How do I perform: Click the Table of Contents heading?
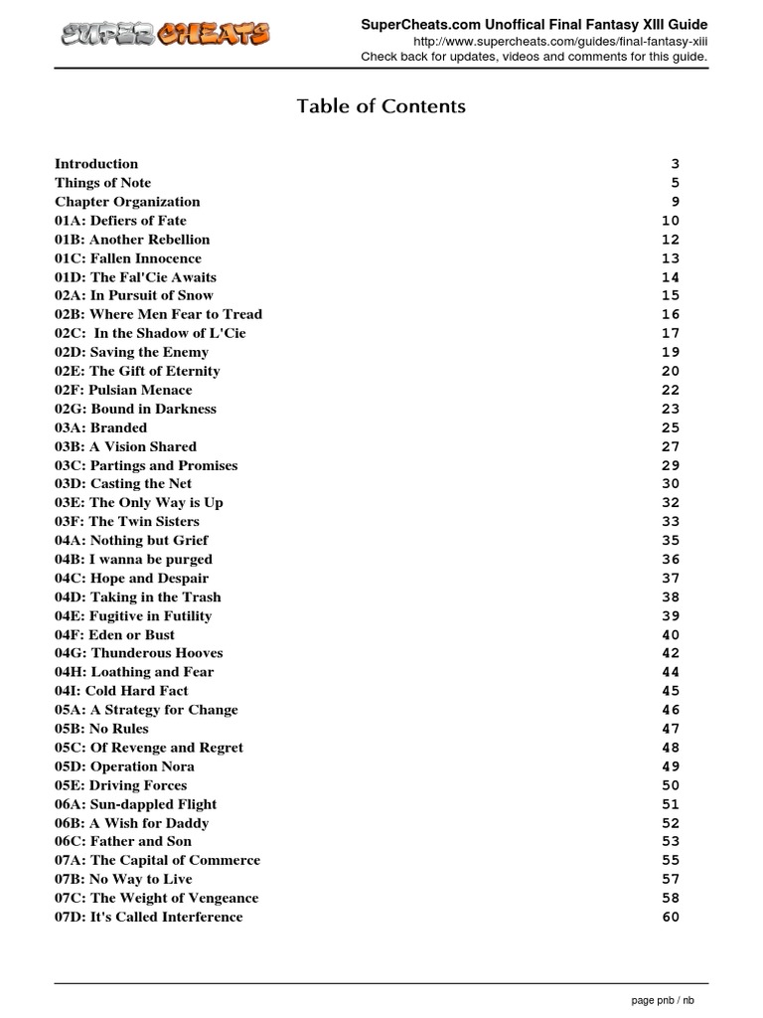(381, 106)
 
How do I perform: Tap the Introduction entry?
(96, 164)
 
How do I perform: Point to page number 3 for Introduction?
(675, 164)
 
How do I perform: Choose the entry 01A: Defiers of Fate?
(120, 221)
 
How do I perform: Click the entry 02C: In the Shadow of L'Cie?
(150, 333)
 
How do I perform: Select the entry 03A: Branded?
(100, 427)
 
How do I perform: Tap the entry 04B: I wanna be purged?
(133, 560)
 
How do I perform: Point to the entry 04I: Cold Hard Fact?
(121, 691)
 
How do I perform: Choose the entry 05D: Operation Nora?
(124, 766)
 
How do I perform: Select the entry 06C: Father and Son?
(123, 842)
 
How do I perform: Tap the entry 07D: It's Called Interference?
(148, 917)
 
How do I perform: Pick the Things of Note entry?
(103, 183)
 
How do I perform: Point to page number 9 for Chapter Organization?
(675, 202)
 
